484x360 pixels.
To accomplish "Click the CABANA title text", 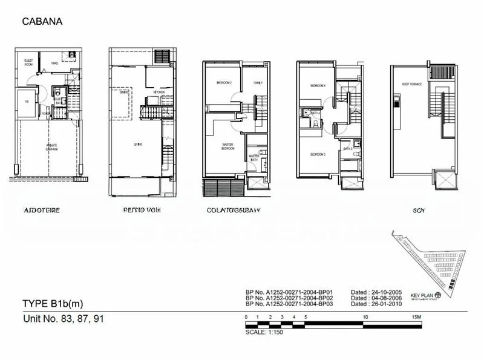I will coord(42,22).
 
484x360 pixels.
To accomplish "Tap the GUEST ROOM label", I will coord(28,62).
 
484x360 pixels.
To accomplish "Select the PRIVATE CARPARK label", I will coord(44,147).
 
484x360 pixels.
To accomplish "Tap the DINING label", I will coord(123,92).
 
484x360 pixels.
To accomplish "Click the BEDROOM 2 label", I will coord(216,82).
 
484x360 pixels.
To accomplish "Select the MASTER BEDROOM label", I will coord(227,146).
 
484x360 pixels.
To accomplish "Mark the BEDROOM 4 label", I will coord(317,86).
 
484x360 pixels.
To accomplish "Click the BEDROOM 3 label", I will coord(317,154).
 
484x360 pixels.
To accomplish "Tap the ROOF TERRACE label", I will coord(411,85).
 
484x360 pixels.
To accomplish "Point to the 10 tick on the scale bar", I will coord(365,316).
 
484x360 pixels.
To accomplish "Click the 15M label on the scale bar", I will coord(415,316).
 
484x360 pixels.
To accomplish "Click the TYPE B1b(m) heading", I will coord(53,303).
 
